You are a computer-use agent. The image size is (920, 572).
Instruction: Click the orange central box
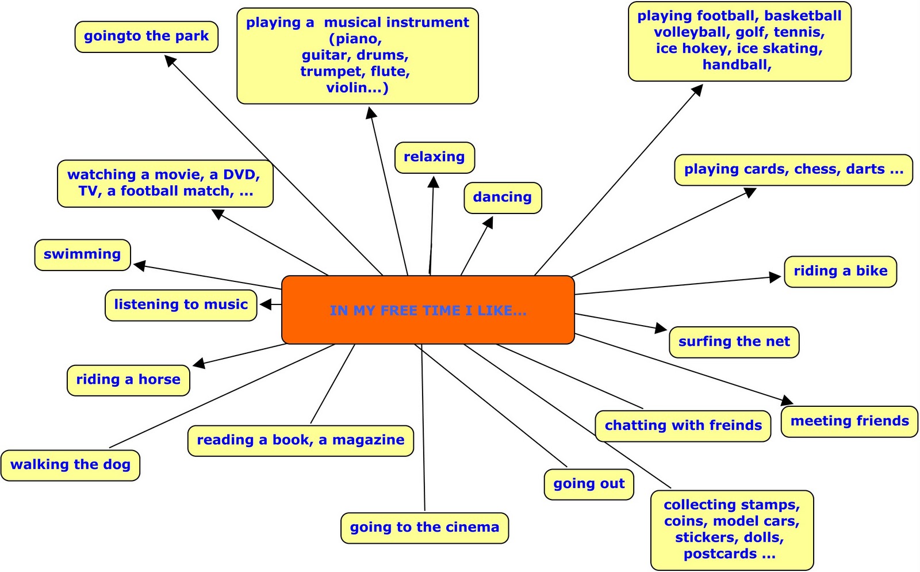[428, 310]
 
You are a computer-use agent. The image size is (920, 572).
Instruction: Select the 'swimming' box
[82, 254]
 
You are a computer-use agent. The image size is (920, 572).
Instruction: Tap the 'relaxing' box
[434, 157]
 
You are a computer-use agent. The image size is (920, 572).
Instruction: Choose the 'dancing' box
[502, 197]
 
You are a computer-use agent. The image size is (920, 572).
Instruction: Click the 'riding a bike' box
[840, 271]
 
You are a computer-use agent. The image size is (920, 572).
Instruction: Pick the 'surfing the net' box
[734, 342]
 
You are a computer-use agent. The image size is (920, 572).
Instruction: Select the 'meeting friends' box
[849, 421]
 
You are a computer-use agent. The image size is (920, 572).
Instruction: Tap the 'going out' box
[589, 484]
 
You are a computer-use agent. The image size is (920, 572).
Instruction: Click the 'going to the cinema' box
[424, 528]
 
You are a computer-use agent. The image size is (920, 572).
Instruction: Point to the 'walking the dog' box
[70, 465]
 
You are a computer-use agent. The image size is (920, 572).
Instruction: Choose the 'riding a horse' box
[128, 380]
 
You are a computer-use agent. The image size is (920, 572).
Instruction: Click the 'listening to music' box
[181, 305]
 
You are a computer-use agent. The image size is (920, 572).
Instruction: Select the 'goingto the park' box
[146, 36]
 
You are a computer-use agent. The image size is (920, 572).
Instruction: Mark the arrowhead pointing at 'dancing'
[489, 222]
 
